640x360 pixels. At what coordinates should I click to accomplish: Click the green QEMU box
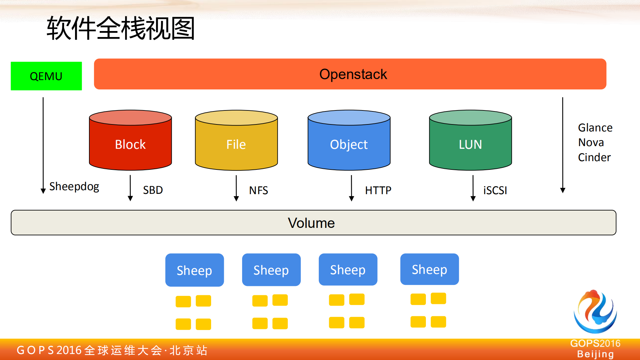46,76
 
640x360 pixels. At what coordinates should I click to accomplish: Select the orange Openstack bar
350,74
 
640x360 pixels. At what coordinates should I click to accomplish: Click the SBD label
153,190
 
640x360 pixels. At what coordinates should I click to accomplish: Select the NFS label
258,190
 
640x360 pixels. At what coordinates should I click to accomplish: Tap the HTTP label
378,190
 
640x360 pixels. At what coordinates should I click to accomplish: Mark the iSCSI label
495,190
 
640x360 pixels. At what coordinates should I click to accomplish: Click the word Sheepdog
74,187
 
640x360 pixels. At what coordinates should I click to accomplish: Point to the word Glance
595,128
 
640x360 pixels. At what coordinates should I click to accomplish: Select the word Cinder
594,157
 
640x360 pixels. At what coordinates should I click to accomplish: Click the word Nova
591,142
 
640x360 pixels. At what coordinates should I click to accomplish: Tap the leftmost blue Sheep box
194,270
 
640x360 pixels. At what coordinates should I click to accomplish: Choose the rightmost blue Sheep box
429,269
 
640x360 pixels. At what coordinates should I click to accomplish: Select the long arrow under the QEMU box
43,145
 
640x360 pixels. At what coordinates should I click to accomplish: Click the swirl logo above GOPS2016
595,312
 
